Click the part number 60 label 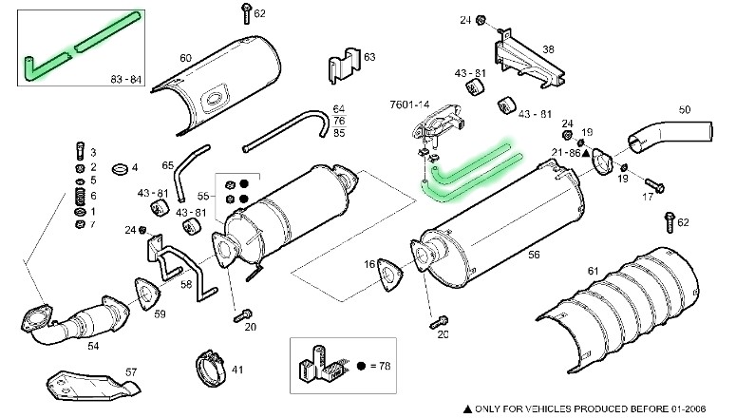(185, 58)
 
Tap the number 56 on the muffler (533, 256)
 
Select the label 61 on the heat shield (593, 272)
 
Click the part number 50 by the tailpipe (684, 111)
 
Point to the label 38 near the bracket (548, 49)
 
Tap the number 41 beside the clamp (237, 369)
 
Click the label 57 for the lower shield (131, 372)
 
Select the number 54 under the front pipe (93, 346)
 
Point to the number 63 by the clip (369, 58)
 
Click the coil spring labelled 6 (80, 196)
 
